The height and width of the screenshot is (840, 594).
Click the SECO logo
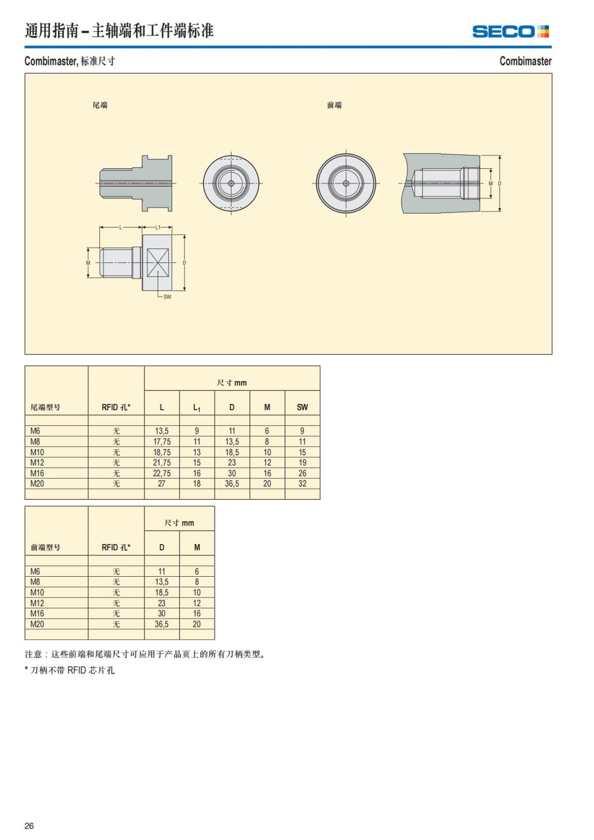pos(510,31)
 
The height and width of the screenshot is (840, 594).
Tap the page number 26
pos(29,826)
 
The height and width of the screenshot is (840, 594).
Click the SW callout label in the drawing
pos(167,296)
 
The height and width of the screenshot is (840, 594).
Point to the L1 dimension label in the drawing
pos(158,228)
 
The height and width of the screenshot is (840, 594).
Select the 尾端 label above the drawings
pos(100,105)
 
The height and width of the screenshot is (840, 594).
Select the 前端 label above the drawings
pos(334,105)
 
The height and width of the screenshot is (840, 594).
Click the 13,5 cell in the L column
pos(162,431)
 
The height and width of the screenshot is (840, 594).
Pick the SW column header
pos(302,407)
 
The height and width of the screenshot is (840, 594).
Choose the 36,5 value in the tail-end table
pos(232,484)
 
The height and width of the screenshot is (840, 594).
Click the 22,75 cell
pos(162,473)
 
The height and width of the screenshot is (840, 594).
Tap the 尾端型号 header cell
pos(46,407)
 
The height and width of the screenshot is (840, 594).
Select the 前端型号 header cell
pos(46,547)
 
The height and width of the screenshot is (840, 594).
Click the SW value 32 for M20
pos(302,484)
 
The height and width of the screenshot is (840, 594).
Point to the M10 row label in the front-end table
pos(37,593)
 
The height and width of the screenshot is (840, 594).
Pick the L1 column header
pos(197,407)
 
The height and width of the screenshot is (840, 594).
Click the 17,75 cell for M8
pos(162,442)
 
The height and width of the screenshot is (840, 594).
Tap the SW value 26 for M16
pos(302,473)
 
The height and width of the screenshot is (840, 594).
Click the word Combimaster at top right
pos(525,61)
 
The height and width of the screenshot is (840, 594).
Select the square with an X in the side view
pos(158,262)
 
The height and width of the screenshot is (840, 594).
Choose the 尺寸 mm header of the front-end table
pos(179,523)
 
